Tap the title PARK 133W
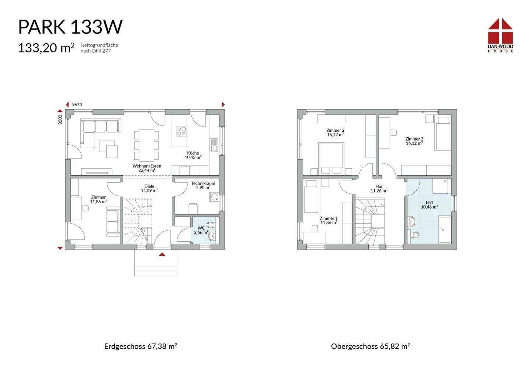tap(70, 27)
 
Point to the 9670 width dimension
tap(77, 105)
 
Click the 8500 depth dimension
tap(60, 120)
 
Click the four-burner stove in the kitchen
tap(181, 131)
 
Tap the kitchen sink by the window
tap(214, 145)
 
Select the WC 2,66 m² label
tap(201, 230)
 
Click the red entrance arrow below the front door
tap(162, 254)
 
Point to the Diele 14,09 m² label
tap(149, 188)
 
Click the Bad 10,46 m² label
tap(429, 204)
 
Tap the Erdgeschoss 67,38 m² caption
tap(140, 346)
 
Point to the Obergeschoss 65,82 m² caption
tap(371, 346)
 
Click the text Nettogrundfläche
tap(99, 45)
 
